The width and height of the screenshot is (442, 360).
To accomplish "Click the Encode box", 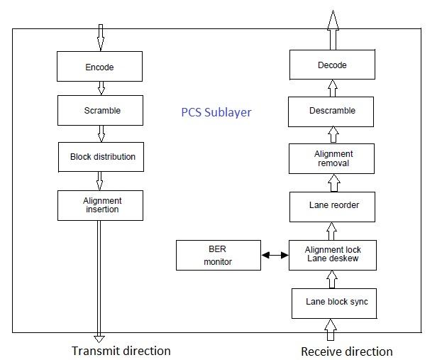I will click(x=99, y=67).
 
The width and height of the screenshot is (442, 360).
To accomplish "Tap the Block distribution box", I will click(x=102, y=157).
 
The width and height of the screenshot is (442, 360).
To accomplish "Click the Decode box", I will click(x=331, y=65).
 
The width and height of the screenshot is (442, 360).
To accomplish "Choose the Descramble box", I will click(x=331, y=111).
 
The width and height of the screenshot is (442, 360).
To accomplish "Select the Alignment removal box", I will click(x=332, y=159).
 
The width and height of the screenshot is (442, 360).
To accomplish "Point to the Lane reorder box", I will click(x=332, y=206).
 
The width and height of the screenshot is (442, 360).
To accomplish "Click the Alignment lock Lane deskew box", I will click(x=332, y=255).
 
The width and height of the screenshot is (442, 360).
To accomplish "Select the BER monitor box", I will click(x=219, y=256).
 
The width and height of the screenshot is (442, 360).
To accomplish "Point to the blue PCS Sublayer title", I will click(x=216, y=112).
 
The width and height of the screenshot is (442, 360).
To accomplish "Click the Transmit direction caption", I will click(x=121, y=351).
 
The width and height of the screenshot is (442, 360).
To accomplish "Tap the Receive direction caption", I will click(x=346, y=351).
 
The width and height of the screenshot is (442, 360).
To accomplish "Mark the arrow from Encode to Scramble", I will click(x=101, y=88).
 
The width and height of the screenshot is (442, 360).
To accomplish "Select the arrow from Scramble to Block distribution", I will click(x=101, y=133).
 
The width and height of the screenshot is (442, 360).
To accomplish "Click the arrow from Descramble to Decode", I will click(x=331, y=88).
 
